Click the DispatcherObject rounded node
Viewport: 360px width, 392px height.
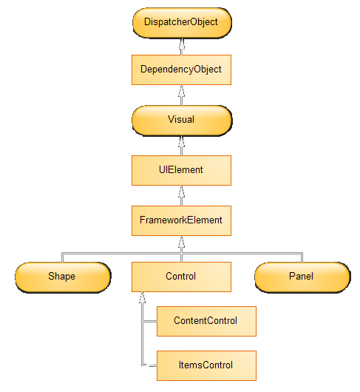click(x=182, y=23)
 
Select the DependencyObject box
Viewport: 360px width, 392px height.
click(x=181, y=70)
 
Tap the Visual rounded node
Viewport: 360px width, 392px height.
click(x=182, y=121)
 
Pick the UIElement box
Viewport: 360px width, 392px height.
click(x=181, y=171)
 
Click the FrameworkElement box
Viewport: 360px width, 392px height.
click(x=181, y=220)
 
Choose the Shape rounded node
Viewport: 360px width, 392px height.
click(x=63, y=277)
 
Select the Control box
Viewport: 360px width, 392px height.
click(x=181, y=277)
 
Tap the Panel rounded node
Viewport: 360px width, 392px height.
click(x=302, y=277)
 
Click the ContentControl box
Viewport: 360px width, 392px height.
click(x=206, y=321)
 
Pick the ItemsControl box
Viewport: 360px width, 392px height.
click(x=206, y=366)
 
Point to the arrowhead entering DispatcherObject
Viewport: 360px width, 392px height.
click(x=182, y=43)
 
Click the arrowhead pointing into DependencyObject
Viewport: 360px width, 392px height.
click(x=182, y=90)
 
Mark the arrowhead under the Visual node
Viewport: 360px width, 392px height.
click(x=182, y=141)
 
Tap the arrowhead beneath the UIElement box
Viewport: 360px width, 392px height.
click(x=182, y=191)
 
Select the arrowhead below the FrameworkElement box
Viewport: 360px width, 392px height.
click(x=182, y=241)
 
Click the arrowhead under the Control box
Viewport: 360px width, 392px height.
click(x=142, y=297)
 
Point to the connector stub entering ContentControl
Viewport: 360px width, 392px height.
click(x=149, y=321)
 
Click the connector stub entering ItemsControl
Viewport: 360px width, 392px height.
click(x=149, y=366)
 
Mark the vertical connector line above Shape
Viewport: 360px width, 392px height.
click(x=62, y=257)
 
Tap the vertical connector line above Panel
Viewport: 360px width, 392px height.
click(x=302, y=257)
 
